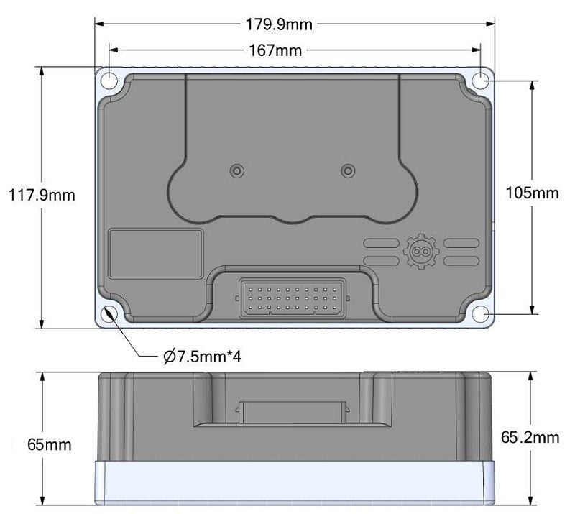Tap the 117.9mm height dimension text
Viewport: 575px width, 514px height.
(41, 195)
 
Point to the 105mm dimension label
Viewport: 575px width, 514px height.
(532, 193)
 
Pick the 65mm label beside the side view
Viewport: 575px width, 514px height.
(49, 444)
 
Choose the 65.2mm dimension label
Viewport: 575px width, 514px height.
(530, 437)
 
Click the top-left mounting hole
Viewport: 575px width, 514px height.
(108, 80)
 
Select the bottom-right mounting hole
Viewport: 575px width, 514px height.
(481, 315)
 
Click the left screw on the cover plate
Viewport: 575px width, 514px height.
(236, 170)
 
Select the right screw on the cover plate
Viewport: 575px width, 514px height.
(348, 170)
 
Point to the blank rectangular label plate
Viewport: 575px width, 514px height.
(155, 253)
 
